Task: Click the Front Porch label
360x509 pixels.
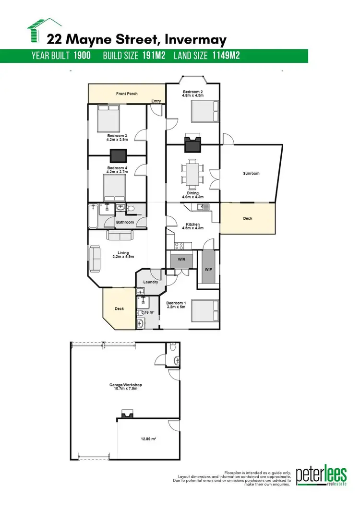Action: [127, 94]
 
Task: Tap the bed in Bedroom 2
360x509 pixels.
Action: [205, 114]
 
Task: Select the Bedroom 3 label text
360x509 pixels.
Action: [117, 138]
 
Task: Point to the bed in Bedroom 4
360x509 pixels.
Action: [115, 188]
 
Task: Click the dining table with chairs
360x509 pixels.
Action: [192, 174]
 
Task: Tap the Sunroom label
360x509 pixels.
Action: [251, 174]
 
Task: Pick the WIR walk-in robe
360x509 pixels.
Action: [182, 260]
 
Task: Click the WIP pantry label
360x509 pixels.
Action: [208, 269]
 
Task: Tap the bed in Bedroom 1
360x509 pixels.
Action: [205, 311]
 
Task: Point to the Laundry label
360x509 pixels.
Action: [151, 282]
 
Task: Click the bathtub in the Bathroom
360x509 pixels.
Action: [93, 217]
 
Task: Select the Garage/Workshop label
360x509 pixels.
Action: [125, 385]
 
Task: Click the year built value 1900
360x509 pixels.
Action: [83, 56]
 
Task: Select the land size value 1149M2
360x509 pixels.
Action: [224, 56]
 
